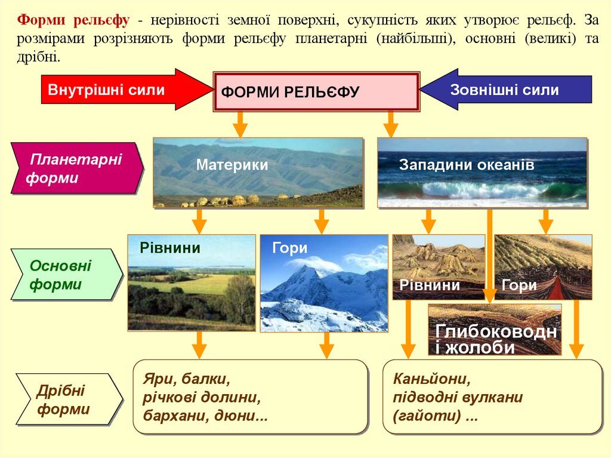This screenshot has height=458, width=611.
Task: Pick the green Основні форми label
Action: pos(64,275)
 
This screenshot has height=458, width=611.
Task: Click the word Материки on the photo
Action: pos(232,165)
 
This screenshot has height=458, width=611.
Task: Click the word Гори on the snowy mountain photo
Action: pos(289,248)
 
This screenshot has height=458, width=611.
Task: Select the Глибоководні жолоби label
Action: pos(495,339)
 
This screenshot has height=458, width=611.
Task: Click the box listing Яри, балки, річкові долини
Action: pos(249,396)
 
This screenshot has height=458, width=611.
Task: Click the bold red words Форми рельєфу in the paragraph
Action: pos(73,21)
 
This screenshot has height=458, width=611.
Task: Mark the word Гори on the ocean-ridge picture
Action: pos(519,285)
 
